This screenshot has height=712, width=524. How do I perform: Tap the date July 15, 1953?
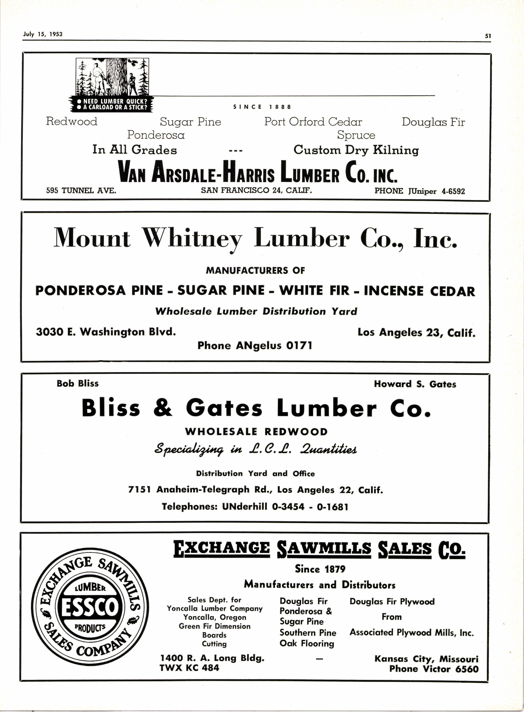43,34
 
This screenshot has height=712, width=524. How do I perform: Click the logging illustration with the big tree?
112,77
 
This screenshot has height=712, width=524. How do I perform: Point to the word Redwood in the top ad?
72,121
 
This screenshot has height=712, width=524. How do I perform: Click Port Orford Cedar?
313,122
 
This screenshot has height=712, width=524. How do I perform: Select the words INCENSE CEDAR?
419,291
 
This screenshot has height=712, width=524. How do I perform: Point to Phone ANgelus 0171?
255,345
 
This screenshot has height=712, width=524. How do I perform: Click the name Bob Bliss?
78,383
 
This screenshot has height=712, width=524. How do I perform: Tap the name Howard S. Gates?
415,384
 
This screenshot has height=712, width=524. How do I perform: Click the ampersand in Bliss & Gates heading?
163,408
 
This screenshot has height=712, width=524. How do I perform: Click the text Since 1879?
320,569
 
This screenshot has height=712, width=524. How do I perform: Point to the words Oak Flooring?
307,643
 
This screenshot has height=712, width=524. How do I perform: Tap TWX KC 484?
189,668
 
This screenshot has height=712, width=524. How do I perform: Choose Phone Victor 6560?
434,669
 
